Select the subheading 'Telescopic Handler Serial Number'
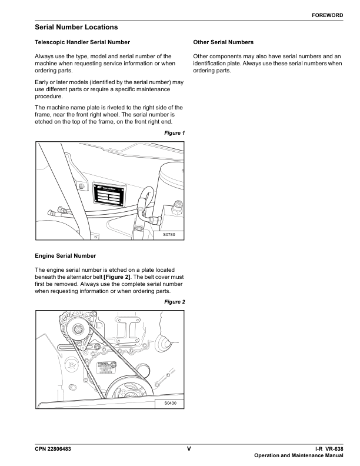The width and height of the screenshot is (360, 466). tap(82, 42)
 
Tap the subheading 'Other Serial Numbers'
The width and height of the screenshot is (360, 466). tap(224, 42)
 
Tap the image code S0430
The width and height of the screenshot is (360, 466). tap(169, 404)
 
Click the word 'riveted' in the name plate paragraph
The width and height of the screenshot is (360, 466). tap(116, 107)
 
